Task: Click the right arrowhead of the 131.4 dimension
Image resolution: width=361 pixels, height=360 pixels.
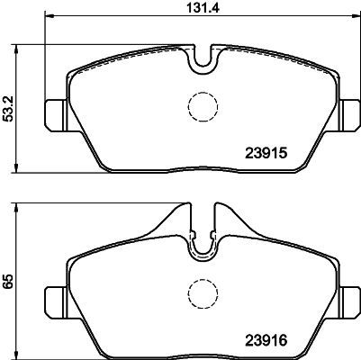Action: click(351, 17)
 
